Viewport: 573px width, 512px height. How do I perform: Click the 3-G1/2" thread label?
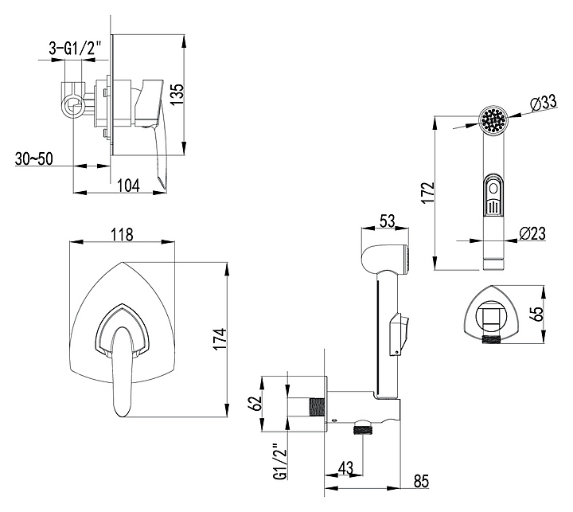tap(74, 49)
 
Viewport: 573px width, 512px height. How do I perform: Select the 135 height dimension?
tap(178, 95)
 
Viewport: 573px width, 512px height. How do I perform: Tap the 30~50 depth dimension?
tap(33, 158)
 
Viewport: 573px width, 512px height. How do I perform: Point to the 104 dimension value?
tap(128, 186)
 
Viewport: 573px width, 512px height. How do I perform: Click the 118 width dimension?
tap(122, 234)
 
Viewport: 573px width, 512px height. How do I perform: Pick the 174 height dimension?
tap(220, 339)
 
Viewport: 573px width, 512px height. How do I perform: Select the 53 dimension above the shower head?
tap(388, 221)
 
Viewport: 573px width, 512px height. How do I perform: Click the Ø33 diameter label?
tap(543, 103)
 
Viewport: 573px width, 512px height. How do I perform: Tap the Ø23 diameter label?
tap(532, 233)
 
